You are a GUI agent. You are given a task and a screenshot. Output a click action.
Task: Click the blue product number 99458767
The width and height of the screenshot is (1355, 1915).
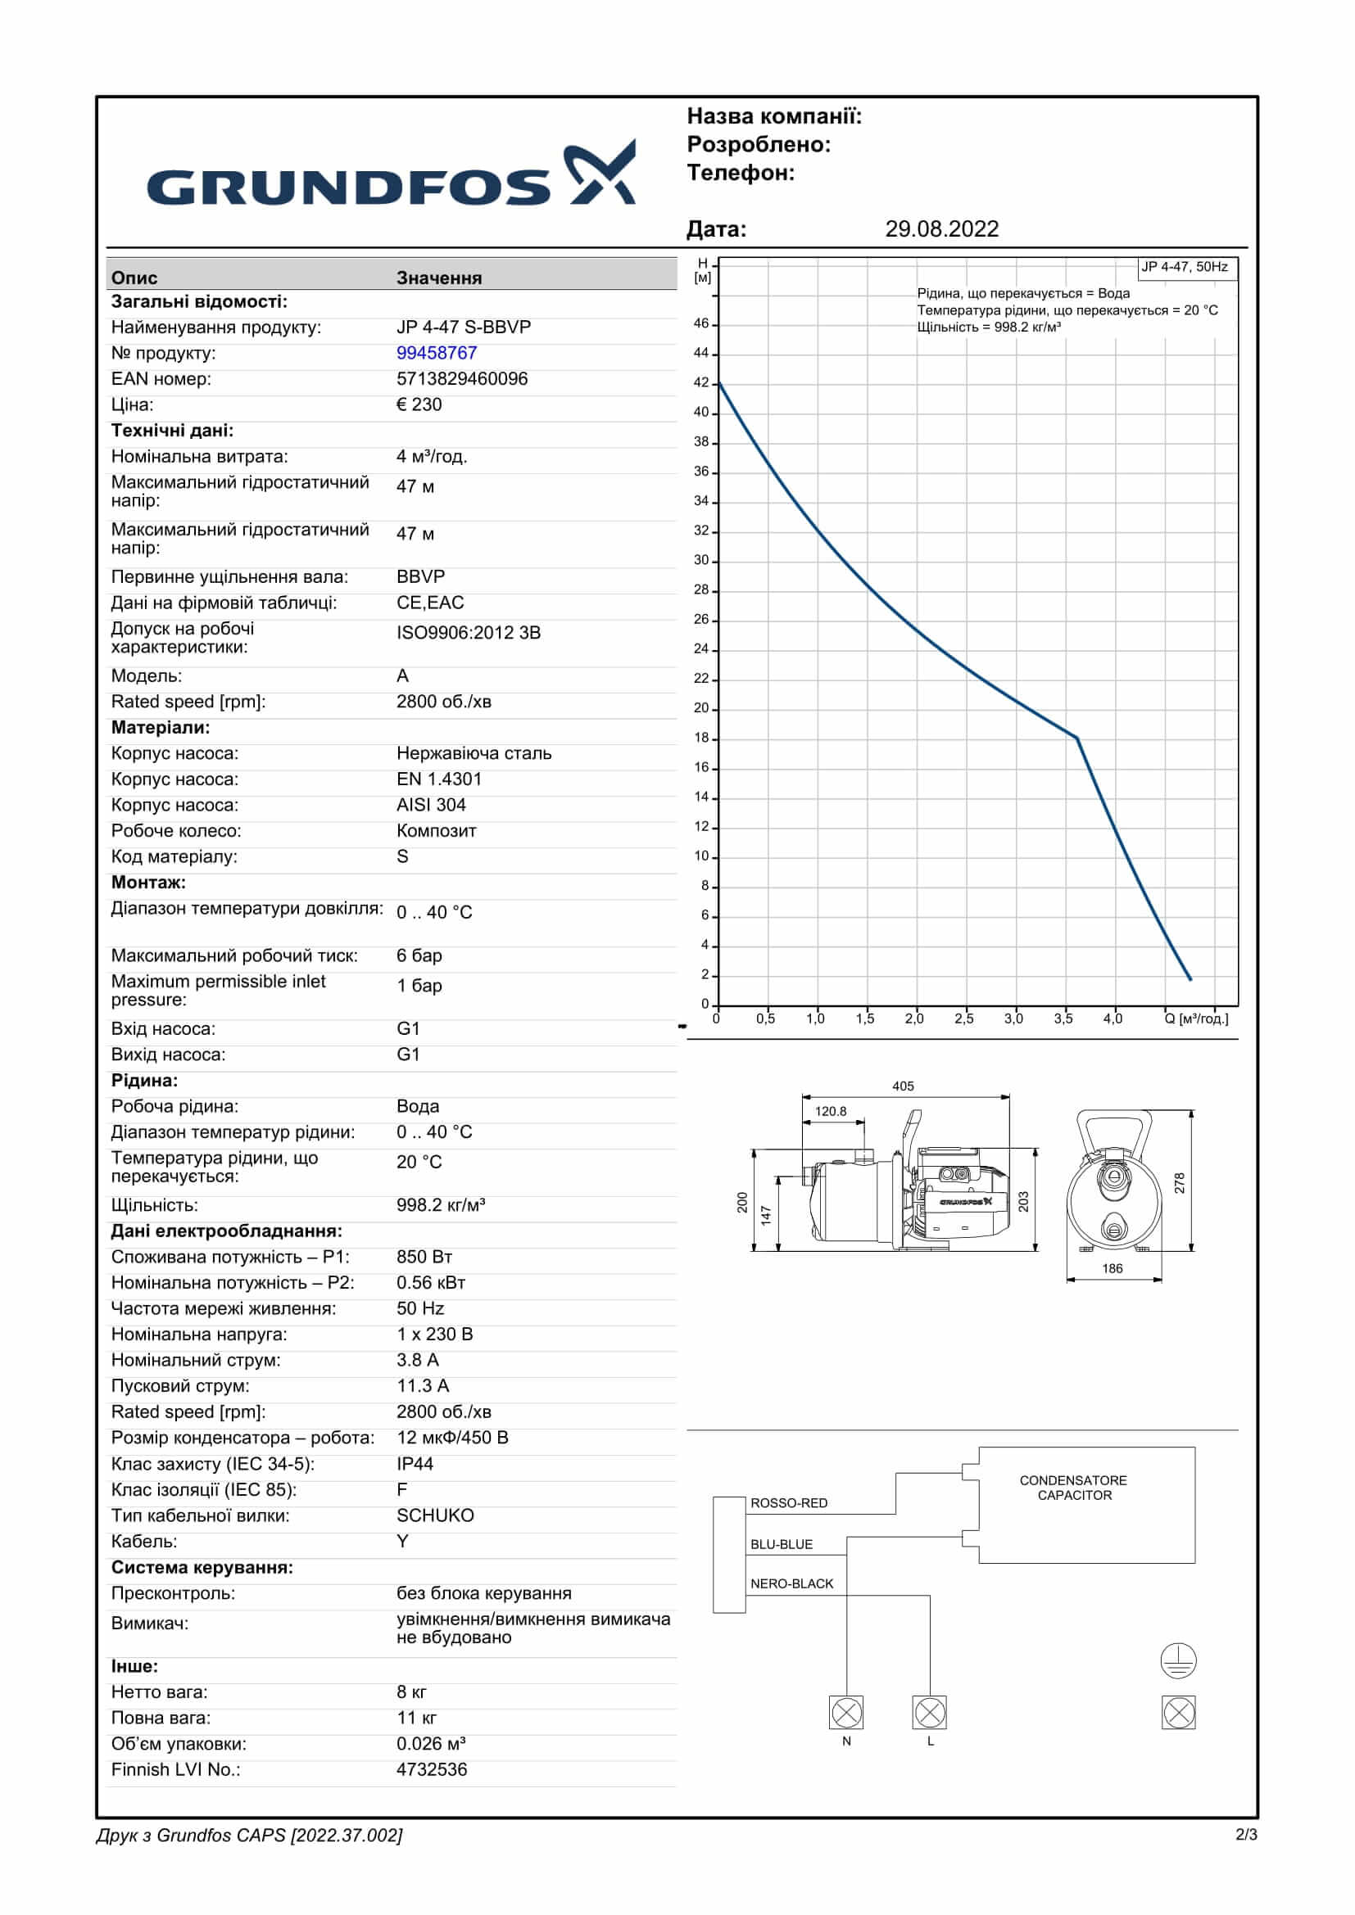click(x=437, y=353)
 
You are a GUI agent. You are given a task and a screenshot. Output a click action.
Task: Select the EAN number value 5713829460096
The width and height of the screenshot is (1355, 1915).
click(x=461, y=379)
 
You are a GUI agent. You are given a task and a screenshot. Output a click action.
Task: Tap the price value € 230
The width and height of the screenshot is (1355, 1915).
click(x=419, y=404)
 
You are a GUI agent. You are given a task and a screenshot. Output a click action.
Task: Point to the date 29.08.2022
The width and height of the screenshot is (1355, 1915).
click(x=941, y=228)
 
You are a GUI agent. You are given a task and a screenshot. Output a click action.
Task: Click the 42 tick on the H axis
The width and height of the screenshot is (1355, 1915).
click(x=702, y=383)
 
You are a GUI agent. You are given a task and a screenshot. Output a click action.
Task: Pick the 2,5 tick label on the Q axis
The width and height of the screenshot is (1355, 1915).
click(x=963, y=1018)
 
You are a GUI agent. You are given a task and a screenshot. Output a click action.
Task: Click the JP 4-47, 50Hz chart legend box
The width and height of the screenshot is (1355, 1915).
click(x=1184, y=267)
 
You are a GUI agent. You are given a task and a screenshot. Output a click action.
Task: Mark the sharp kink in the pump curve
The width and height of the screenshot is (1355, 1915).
click(x=1076, y=738)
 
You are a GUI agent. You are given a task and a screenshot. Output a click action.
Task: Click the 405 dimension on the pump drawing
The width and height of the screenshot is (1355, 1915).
click(x=903, y=1086)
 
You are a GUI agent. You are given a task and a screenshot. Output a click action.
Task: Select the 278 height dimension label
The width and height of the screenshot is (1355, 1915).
click(x=1179, y=1183)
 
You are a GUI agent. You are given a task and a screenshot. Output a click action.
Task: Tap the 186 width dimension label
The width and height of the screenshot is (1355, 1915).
click(x=1113, y=1268)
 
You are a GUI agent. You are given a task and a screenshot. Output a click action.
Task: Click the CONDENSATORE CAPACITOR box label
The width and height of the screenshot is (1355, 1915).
click(x=1074, y=1487)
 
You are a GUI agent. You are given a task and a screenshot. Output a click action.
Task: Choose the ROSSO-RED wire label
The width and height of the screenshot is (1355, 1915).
click(x=788, y=1503)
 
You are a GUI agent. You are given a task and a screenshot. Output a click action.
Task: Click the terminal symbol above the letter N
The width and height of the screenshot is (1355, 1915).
click(x=846, y=1713)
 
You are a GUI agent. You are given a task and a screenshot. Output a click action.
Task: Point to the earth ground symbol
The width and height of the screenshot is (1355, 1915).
click(x=1178, y=1660)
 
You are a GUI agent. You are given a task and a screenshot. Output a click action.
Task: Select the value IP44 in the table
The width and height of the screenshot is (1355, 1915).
click(x=415, y=1464)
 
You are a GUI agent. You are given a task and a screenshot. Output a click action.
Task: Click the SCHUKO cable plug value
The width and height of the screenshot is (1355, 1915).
click(x=435, y=1515)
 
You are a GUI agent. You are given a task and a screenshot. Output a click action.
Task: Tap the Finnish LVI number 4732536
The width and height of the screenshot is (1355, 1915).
click(x=432, y=1769)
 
